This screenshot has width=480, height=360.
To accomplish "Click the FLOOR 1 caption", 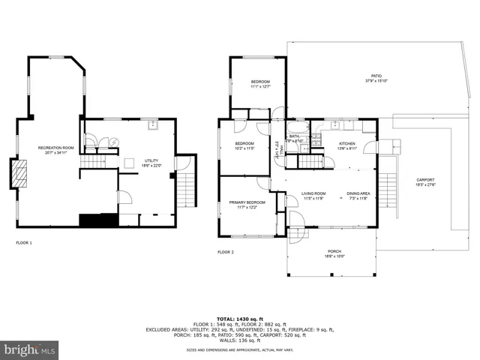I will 25,242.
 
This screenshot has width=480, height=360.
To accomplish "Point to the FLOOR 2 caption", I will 226,252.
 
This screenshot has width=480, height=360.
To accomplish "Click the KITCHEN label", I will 346,143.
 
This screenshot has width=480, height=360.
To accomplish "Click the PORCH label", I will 334,251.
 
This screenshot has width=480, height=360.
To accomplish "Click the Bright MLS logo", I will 30,349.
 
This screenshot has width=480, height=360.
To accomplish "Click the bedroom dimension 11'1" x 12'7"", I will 260,86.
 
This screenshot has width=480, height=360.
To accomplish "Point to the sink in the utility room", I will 151,125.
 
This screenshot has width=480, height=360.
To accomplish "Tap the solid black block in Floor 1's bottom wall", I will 98,220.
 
